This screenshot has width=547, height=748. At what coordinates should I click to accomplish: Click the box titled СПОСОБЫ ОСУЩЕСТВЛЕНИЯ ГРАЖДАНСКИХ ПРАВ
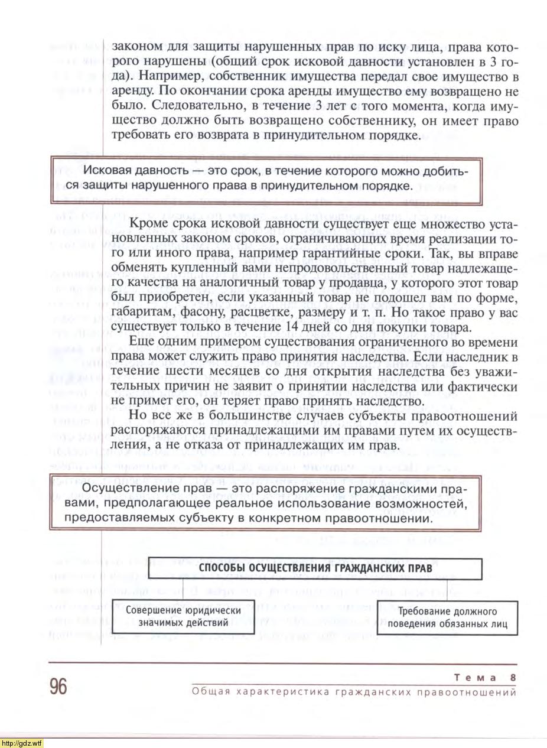[x=315, y=568]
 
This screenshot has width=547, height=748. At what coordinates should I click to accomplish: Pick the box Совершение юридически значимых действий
[x=183, y=617]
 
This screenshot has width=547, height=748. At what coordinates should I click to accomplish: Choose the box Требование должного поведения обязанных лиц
[x=447, y=617]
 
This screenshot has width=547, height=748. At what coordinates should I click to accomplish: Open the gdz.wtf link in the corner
[x=22, y=743]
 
